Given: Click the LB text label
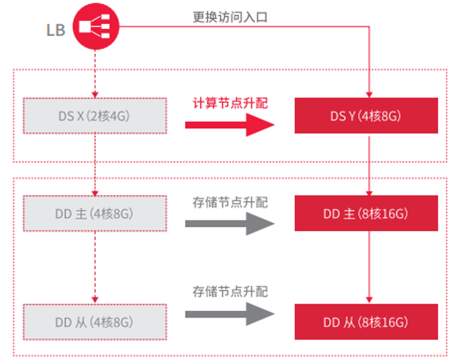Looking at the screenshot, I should click(56, 30).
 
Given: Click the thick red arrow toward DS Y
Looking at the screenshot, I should click(230, 124).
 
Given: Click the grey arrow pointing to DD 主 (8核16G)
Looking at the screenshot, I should click(230, 223).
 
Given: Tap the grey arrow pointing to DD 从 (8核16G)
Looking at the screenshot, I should click(230, 314).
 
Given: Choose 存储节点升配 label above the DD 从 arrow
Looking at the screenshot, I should click(230, 292).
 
